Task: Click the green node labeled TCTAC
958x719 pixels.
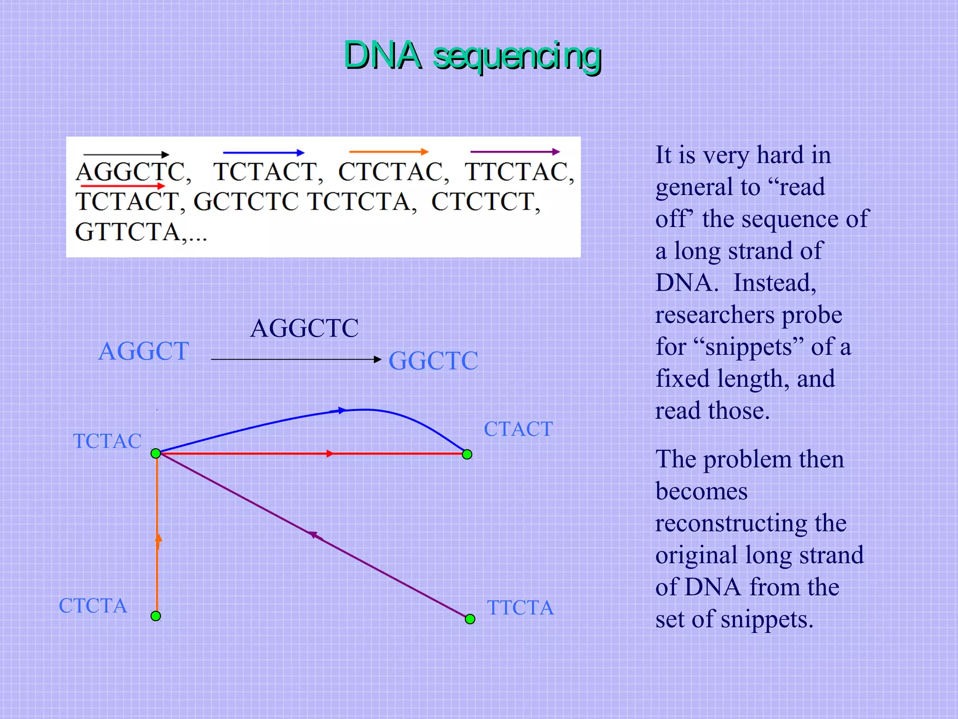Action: tap(156, 453)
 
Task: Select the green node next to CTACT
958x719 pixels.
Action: tap(467, 454)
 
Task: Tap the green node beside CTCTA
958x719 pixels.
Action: tap(156, 616)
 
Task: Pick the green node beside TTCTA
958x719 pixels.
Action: tap(470, 619)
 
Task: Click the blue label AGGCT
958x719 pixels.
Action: tap(144, 351)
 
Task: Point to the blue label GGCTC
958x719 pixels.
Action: tap(433, 361)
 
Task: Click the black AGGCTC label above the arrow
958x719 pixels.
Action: tap(305, 328)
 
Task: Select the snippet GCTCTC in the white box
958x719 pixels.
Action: tap(246, 202)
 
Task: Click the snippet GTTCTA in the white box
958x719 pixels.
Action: tap(128, 232)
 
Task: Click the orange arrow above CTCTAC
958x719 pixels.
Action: tap(388, 152)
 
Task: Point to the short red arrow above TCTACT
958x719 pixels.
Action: tap(123, 186)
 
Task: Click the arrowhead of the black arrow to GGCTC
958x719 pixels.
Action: tap(378, 359)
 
